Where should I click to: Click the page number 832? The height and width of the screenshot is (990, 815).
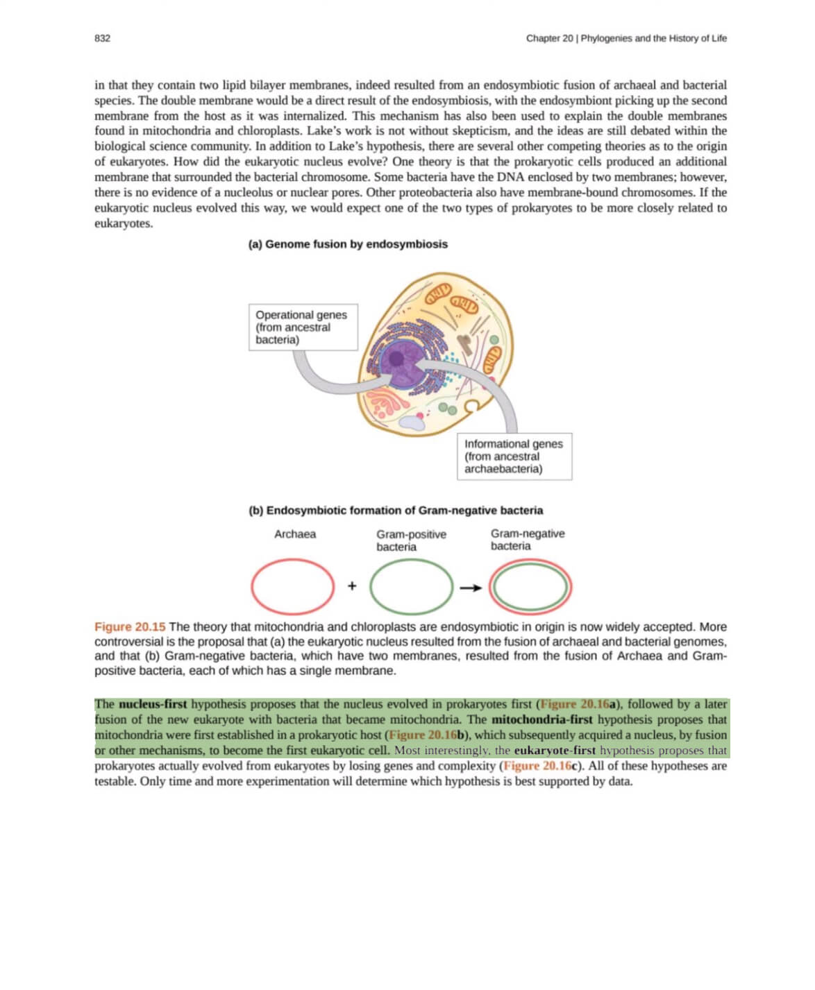pyautogui.click(x=102, y=38)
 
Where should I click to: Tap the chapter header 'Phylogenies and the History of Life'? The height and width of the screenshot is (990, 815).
pyautogui.click(x=653, y=38)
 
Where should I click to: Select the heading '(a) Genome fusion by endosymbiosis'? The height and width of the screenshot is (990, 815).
pyautogui.click(x=348, y=244)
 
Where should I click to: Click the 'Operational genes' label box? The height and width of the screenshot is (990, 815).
pyautogui.click(x=303, y=327)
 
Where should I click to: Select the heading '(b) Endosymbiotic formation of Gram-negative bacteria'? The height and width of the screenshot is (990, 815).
pyautogui.click(x=396, y=511)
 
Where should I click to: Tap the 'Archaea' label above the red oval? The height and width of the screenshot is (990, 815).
pyautogui.click(x=295, y=534)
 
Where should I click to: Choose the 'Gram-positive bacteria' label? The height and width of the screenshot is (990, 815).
pyautogui.click(x=411, y=540)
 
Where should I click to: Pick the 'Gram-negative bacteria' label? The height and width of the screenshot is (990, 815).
pyautogui.click(x=528, y=540)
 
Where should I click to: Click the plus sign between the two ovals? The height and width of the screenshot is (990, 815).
pyautogui.click(x=352, y=586)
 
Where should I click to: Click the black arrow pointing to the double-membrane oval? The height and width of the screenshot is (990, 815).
pyautogui.click(x=471, y=588)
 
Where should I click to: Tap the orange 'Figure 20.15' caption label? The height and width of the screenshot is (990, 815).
pyautogui.click(x=130, y=627)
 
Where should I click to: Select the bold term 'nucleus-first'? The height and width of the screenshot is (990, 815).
pyautogui.click(x=153, y=705)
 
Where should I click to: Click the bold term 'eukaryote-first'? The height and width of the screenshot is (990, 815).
pyautogui.click(x=555, y=751)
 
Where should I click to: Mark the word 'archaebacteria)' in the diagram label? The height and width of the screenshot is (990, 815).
pyautogui.click(x=503, y=469)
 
